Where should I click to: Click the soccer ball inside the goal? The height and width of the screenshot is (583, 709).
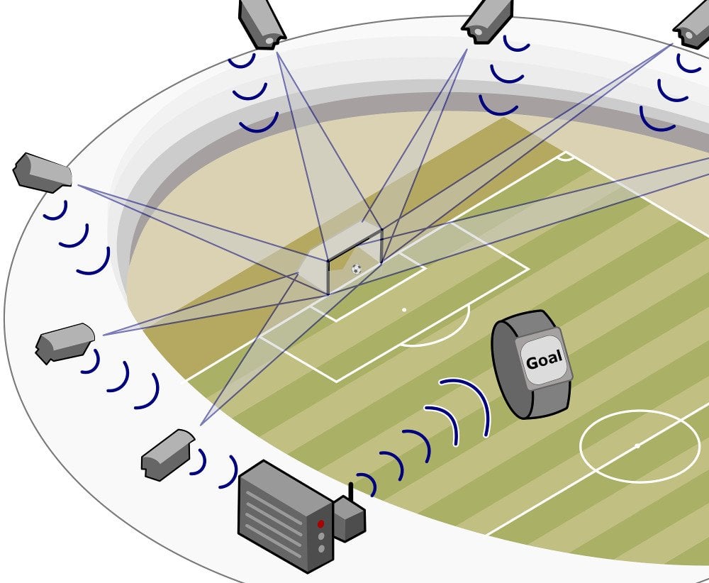(356, 269)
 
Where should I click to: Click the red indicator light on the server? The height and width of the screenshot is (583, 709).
(320, 523)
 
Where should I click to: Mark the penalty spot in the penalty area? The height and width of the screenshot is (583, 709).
(404, 310)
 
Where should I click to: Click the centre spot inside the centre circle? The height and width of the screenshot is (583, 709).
(637, 445)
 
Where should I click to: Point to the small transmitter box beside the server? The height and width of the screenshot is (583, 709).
(348, 519)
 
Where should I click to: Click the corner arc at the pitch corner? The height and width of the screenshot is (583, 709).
(565, 157)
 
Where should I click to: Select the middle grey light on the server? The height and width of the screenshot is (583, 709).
(320, 537)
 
